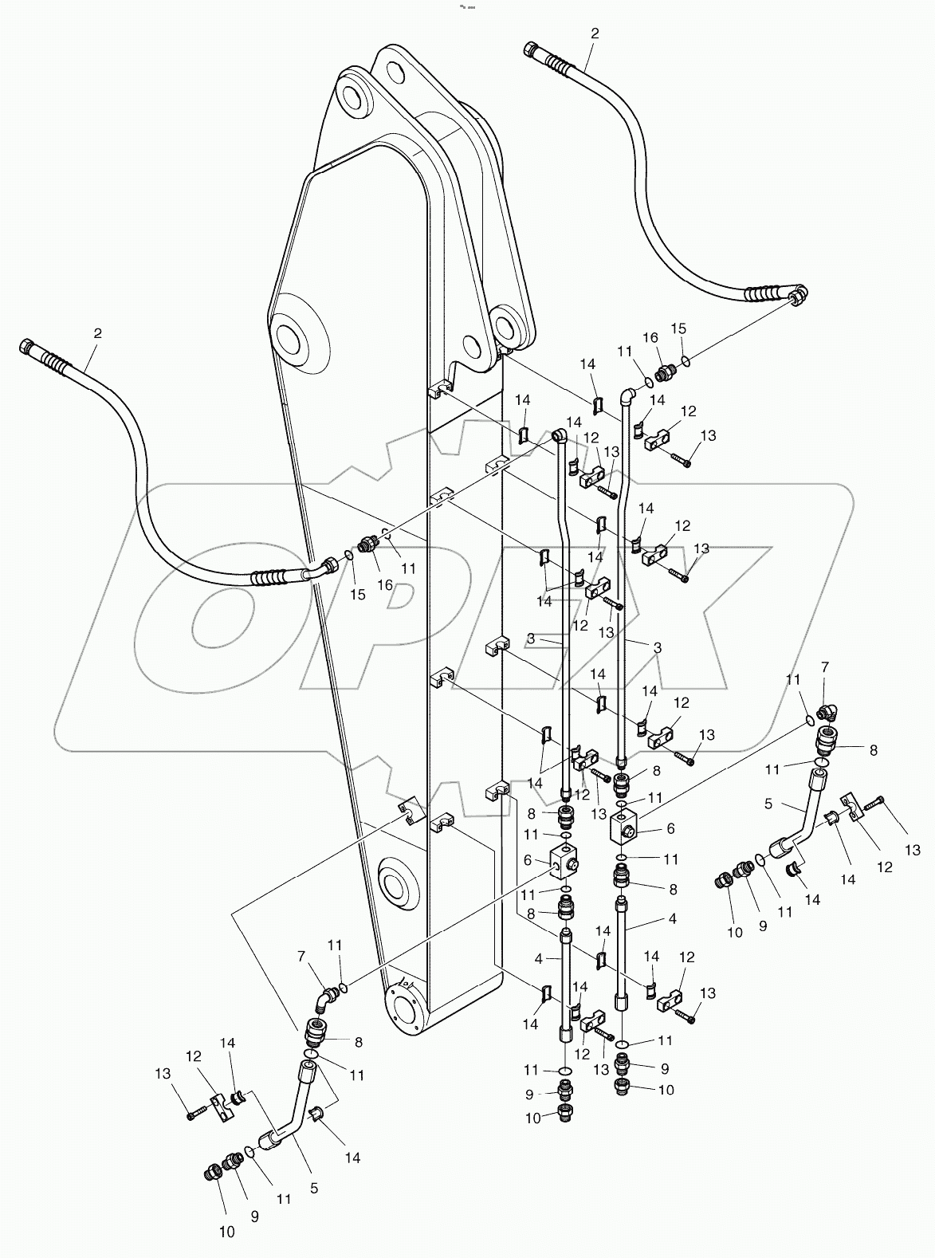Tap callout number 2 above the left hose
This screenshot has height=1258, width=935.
click(98, 332)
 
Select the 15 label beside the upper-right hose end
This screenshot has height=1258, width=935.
click(678, 328)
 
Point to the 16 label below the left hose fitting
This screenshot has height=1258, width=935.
click(385, 584)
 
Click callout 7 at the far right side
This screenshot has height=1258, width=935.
click(825, 666)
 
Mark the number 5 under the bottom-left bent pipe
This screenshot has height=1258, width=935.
click(313, 1209)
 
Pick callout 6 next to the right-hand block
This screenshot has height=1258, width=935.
click(670, 828)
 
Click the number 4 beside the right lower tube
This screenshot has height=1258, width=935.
click(672, 918)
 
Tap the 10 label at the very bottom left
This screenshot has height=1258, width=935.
click(227, 1232)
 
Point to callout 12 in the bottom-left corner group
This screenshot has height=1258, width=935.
click(194, 1056)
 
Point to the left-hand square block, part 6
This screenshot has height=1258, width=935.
click(565, 859)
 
